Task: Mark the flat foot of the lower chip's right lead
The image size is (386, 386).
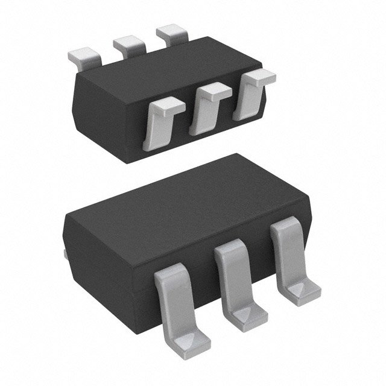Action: pos(302,289)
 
